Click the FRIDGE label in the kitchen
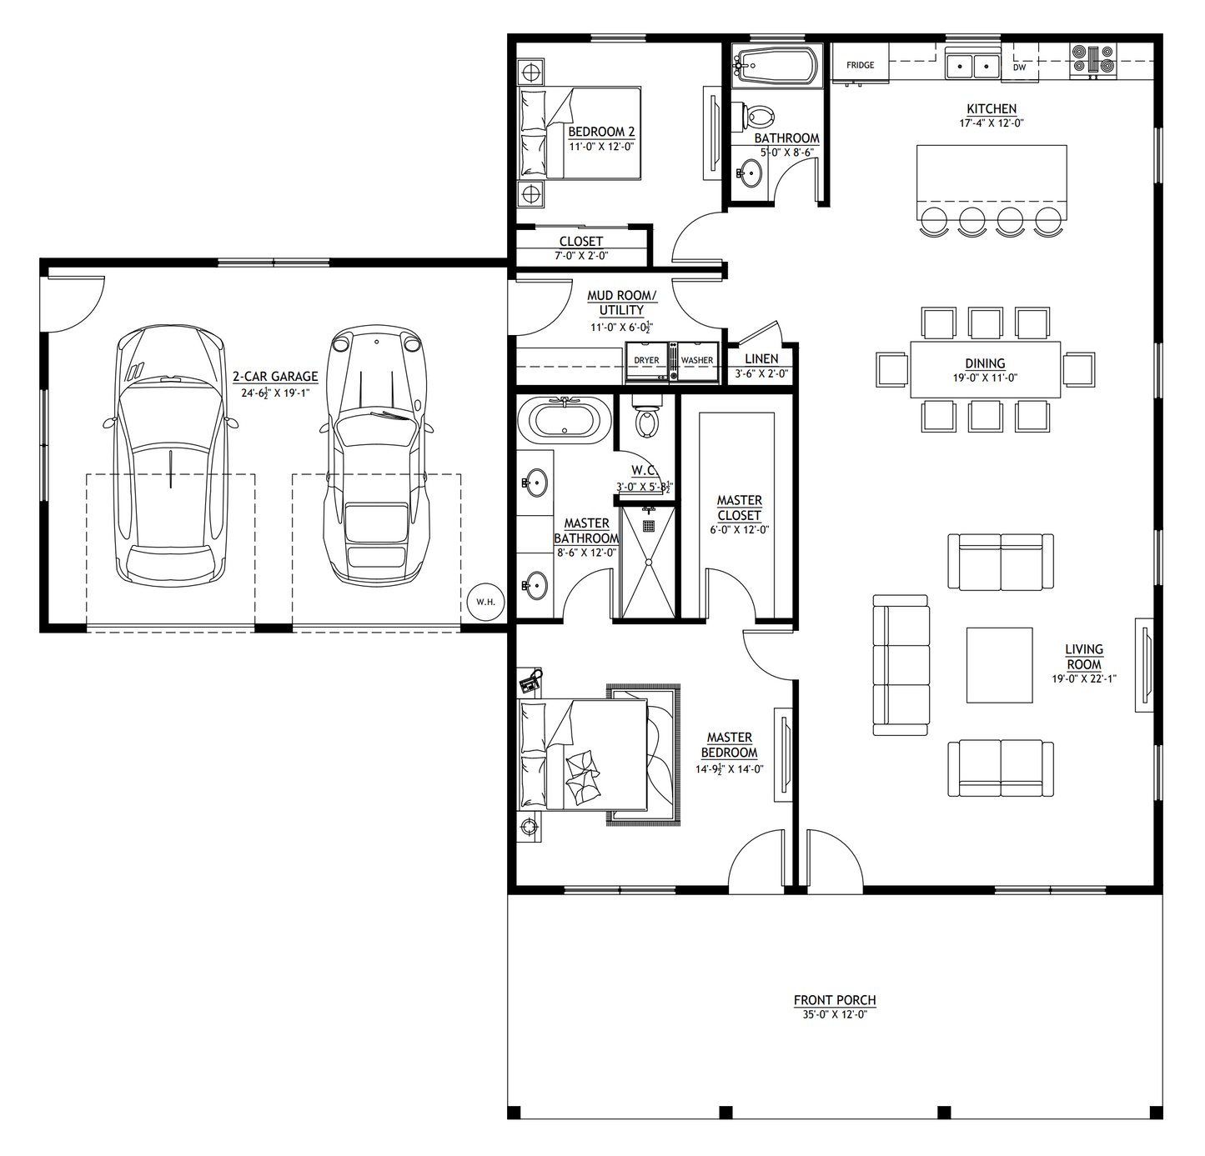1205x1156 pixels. (860, 65)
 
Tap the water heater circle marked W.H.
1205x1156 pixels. (485, 602)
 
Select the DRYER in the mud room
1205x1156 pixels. (646, 361)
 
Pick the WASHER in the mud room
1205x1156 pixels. (697, 361)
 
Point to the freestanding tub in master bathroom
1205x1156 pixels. (565, 420)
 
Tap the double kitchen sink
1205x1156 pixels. (972, 64)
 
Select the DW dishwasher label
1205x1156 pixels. (1019, 68)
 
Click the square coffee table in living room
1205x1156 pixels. (999, 665)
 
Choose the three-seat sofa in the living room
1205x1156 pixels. (901, 665)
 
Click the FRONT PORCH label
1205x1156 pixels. (835, 1000)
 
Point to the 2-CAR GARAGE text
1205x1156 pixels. (275, 377)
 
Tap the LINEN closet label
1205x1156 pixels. (761, 358)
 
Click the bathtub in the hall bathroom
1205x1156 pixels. (776, 66)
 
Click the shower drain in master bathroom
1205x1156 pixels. (649, 526)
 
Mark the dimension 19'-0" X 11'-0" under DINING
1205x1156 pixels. (985, 378)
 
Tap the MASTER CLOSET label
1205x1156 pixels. (740, 508)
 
